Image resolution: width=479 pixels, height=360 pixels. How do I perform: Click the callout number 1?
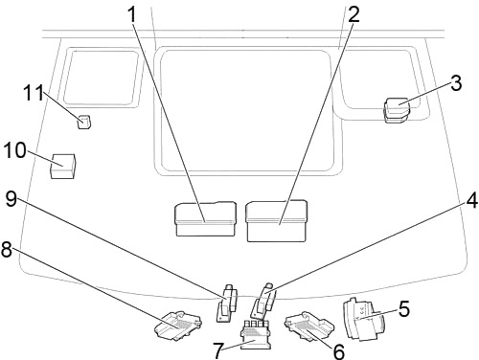[x=131, y=14]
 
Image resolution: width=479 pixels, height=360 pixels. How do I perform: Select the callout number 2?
[x=354, y=14]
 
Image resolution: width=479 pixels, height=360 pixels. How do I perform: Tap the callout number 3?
[x=456, y=83]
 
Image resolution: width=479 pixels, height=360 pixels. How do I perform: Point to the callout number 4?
[x=471, y=200]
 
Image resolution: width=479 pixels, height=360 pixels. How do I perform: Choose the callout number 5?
[x=404, y=309]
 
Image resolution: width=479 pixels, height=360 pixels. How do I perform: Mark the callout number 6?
[x=339, y=351]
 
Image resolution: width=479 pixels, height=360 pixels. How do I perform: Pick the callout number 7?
[x=218, y=350]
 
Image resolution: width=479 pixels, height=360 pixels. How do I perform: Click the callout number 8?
[x=6, y=249]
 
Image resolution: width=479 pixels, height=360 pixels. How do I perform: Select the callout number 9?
[x=11, y=199]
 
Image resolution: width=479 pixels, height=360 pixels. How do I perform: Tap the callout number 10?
[x=14, y=150]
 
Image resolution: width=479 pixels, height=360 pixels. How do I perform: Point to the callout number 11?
[x=34, y=93]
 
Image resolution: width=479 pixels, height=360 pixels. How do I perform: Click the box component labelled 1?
[x=206, y=219]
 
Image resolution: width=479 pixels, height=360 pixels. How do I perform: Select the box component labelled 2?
[x=277, y=221]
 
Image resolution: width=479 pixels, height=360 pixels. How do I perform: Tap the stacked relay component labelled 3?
[x=397, y=110]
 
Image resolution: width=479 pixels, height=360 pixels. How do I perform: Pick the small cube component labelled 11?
[x=84, y=122]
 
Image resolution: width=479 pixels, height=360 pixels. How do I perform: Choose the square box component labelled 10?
[x=63, y=167]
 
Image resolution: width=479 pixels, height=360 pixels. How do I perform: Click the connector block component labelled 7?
[x=256, y=336]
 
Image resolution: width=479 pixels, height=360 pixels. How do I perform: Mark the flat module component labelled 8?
[x=178, y=324]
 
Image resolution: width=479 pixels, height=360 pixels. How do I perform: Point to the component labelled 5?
[x=360, y=319]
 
